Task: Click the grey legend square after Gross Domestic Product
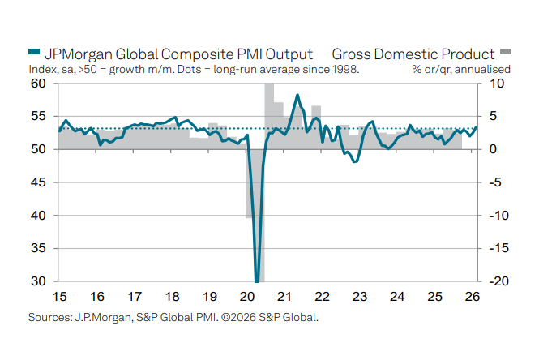click(x=506, y=55)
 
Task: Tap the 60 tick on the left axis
click(x=38, y=84)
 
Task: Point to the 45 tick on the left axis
click(x=38, y=183)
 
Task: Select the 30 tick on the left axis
click(x=38, y=282)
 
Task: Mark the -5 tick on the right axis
click(x=495, y=183)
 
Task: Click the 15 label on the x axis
click(x=58, y=298)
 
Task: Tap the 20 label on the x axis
click(x=246, y=298)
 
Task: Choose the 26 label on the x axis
click(x=472, y=298)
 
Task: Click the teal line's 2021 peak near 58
click(x=297, y=96)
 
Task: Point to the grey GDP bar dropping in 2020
click(x=261, y=243)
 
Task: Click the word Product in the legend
click(x=464, y=54)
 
